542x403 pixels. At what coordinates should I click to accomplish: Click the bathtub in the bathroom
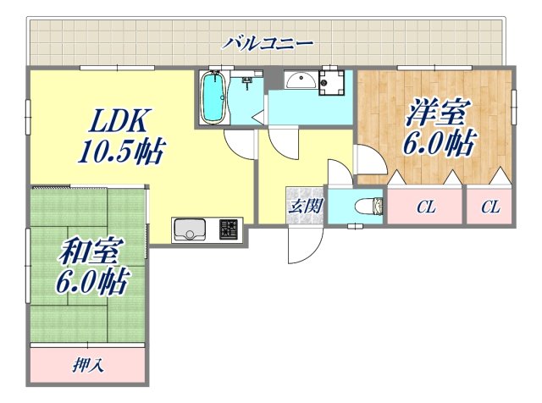[213, 97]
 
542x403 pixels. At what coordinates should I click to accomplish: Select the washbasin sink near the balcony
[299, 81]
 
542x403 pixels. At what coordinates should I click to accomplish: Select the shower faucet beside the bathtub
[247, 83]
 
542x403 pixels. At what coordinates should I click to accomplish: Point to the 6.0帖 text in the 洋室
[437, 142]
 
